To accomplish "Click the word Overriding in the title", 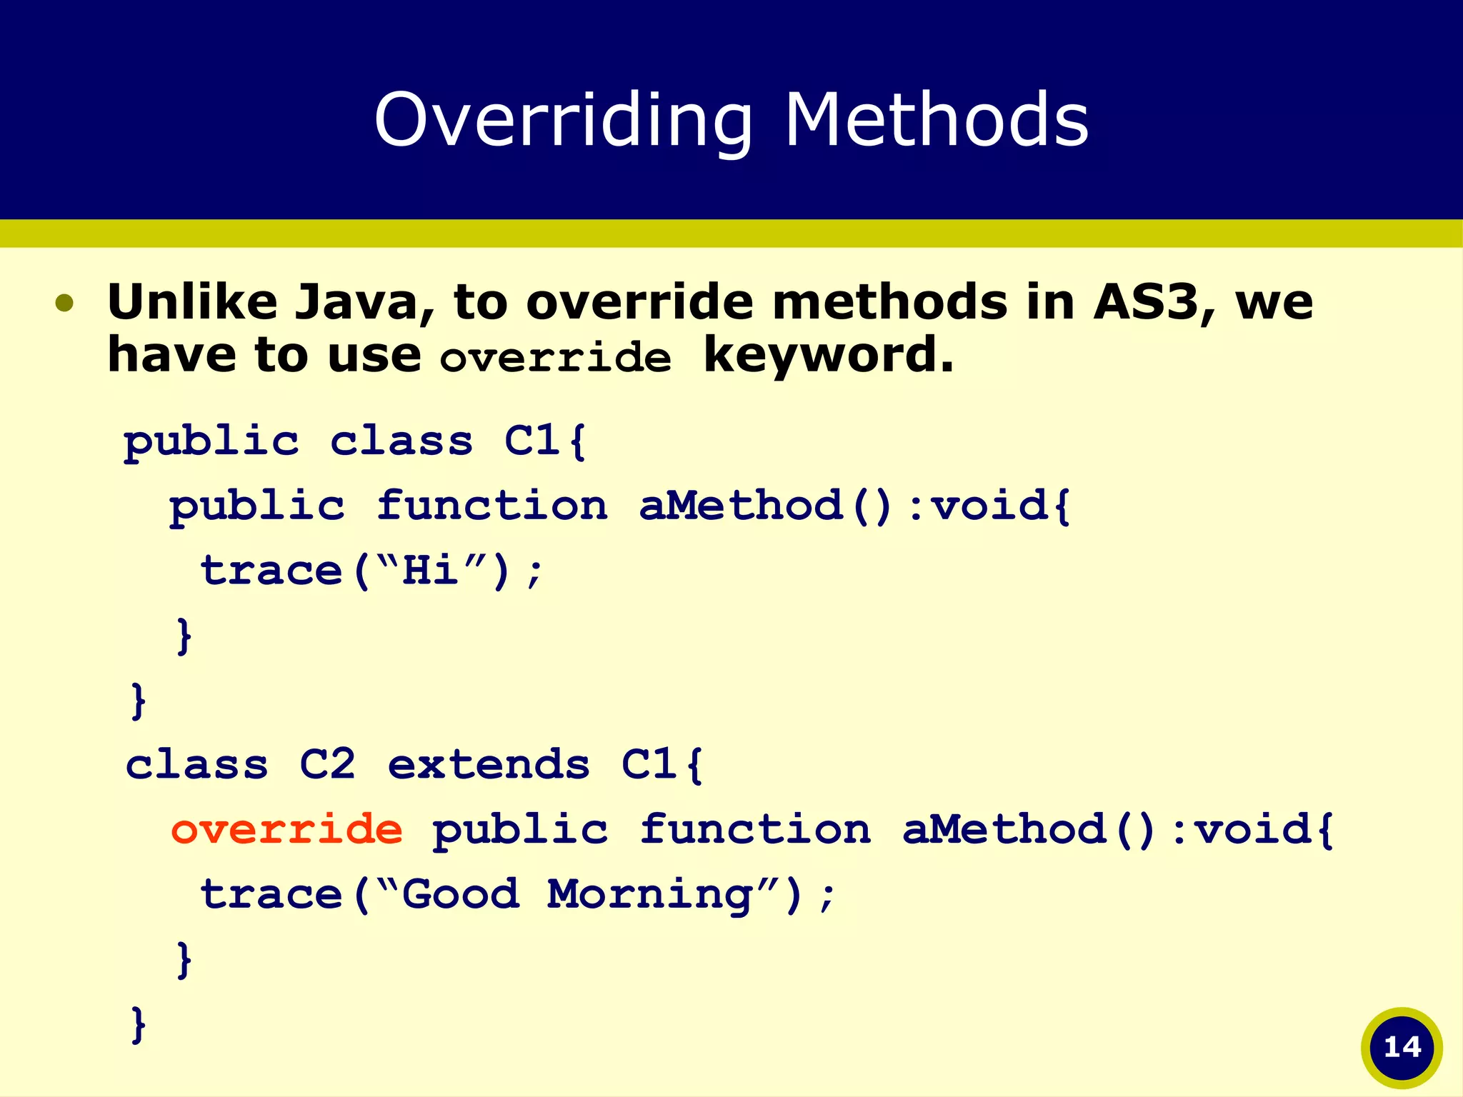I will [x=563, y=120].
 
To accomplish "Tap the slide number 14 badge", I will [x=1402, y=1048].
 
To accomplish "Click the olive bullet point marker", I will [x=64, y=303].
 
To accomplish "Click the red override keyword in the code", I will [x=286, y=829].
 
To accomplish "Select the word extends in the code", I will [x=489, y=765].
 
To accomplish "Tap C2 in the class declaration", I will [x=327, y=765].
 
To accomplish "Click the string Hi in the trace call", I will [x=430, y=571].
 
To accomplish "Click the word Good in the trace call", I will [x=461, y=894].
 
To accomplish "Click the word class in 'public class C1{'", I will [x=401, y=441].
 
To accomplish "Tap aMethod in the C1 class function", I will [x=741, y=506].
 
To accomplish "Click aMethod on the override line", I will [x=1004, y=829].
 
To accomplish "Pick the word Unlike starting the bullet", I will [x=192, y=302].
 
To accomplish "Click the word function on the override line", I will [x=754, y=829].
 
